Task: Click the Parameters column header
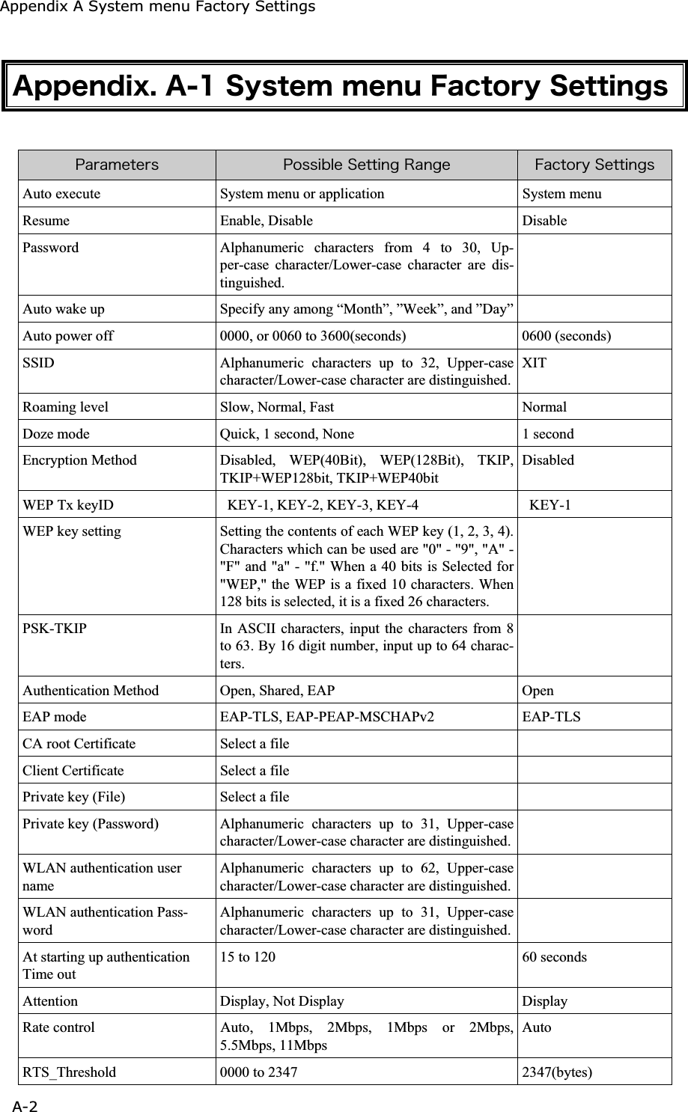117,165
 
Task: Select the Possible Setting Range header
366,165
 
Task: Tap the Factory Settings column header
594,165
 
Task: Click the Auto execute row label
61,194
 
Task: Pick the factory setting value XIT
535,363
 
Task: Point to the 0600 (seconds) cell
567,336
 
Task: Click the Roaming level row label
65,407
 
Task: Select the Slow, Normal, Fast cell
277,407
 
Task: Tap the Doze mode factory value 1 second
548,434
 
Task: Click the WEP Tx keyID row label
68,504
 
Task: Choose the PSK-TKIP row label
55,629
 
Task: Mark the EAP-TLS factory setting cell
551,717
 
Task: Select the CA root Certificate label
79,744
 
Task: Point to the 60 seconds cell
555,957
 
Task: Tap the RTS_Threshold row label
70,1072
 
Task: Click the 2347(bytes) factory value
557,1072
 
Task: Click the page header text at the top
157,7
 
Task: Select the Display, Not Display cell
282,1001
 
